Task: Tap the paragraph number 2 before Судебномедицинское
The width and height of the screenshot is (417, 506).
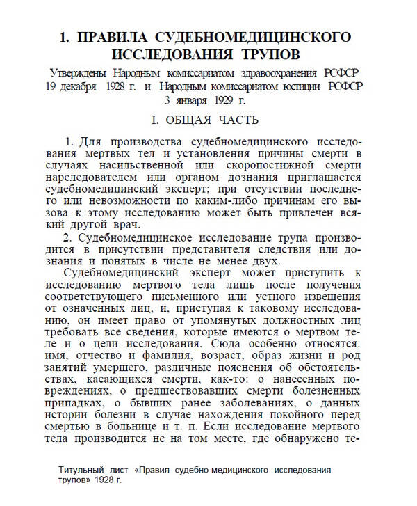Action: click(66, 237)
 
